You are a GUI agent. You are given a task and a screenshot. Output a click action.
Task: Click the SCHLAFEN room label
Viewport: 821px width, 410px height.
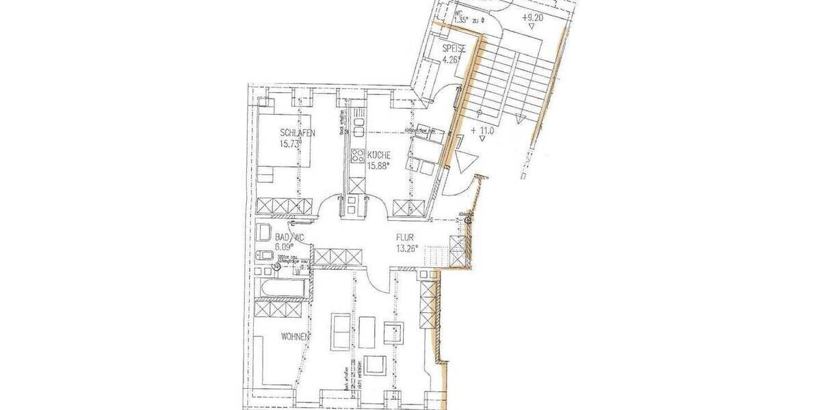[x=297, y=133]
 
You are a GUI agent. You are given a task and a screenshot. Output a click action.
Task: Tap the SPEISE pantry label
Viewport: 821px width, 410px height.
[x=454, y=49]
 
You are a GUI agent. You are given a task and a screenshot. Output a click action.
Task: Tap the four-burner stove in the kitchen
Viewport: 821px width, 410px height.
[x=357, y=154]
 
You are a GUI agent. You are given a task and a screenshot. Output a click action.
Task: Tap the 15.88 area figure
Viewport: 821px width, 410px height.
[x=379, y=165]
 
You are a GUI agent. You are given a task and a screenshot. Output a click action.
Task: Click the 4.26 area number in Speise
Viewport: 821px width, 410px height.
[x=452, y=59]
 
